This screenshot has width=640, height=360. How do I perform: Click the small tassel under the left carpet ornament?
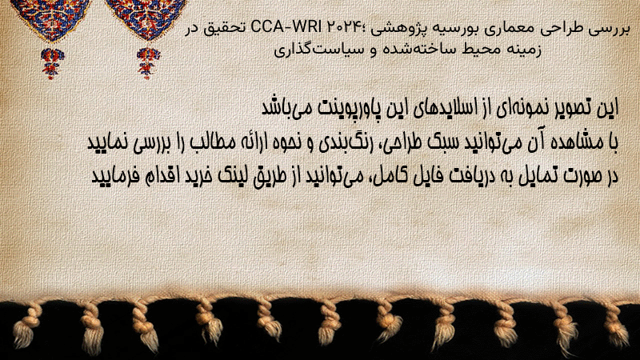[x=51, y=63]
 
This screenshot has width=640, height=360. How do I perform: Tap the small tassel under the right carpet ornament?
[x=148, y=63]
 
